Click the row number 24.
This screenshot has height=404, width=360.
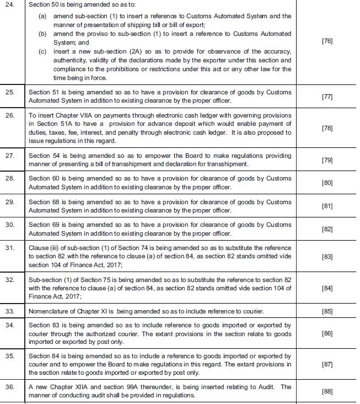pos(10,5)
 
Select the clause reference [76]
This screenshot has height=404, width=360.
pos(327,41)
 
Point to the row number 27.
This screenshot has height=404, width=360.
pos(10,156)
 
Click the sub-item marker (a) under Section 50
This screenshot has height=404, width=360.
pos(42,16)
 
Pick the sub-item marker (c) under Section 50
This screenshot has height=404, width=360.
pos(42,51)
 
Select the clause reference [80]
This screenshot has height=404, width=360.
pos(327,183)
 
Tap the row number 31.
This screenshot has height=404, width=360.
pos(10,248)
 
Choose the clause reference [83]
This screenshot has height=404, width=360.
pos(327,257)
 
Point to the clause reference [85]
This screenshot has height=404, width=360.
pos(327,311)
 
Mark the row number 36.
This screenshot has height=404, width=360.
pos(10,387)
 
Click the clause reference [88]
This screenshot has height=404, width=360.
pos(327,391)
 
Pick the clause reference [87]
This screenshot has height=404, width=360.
pos(327,364)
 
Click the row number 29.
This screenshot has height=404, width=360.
pos(10,202)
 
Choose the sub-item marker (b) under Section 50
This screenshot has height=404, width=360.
pos(42,34)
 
